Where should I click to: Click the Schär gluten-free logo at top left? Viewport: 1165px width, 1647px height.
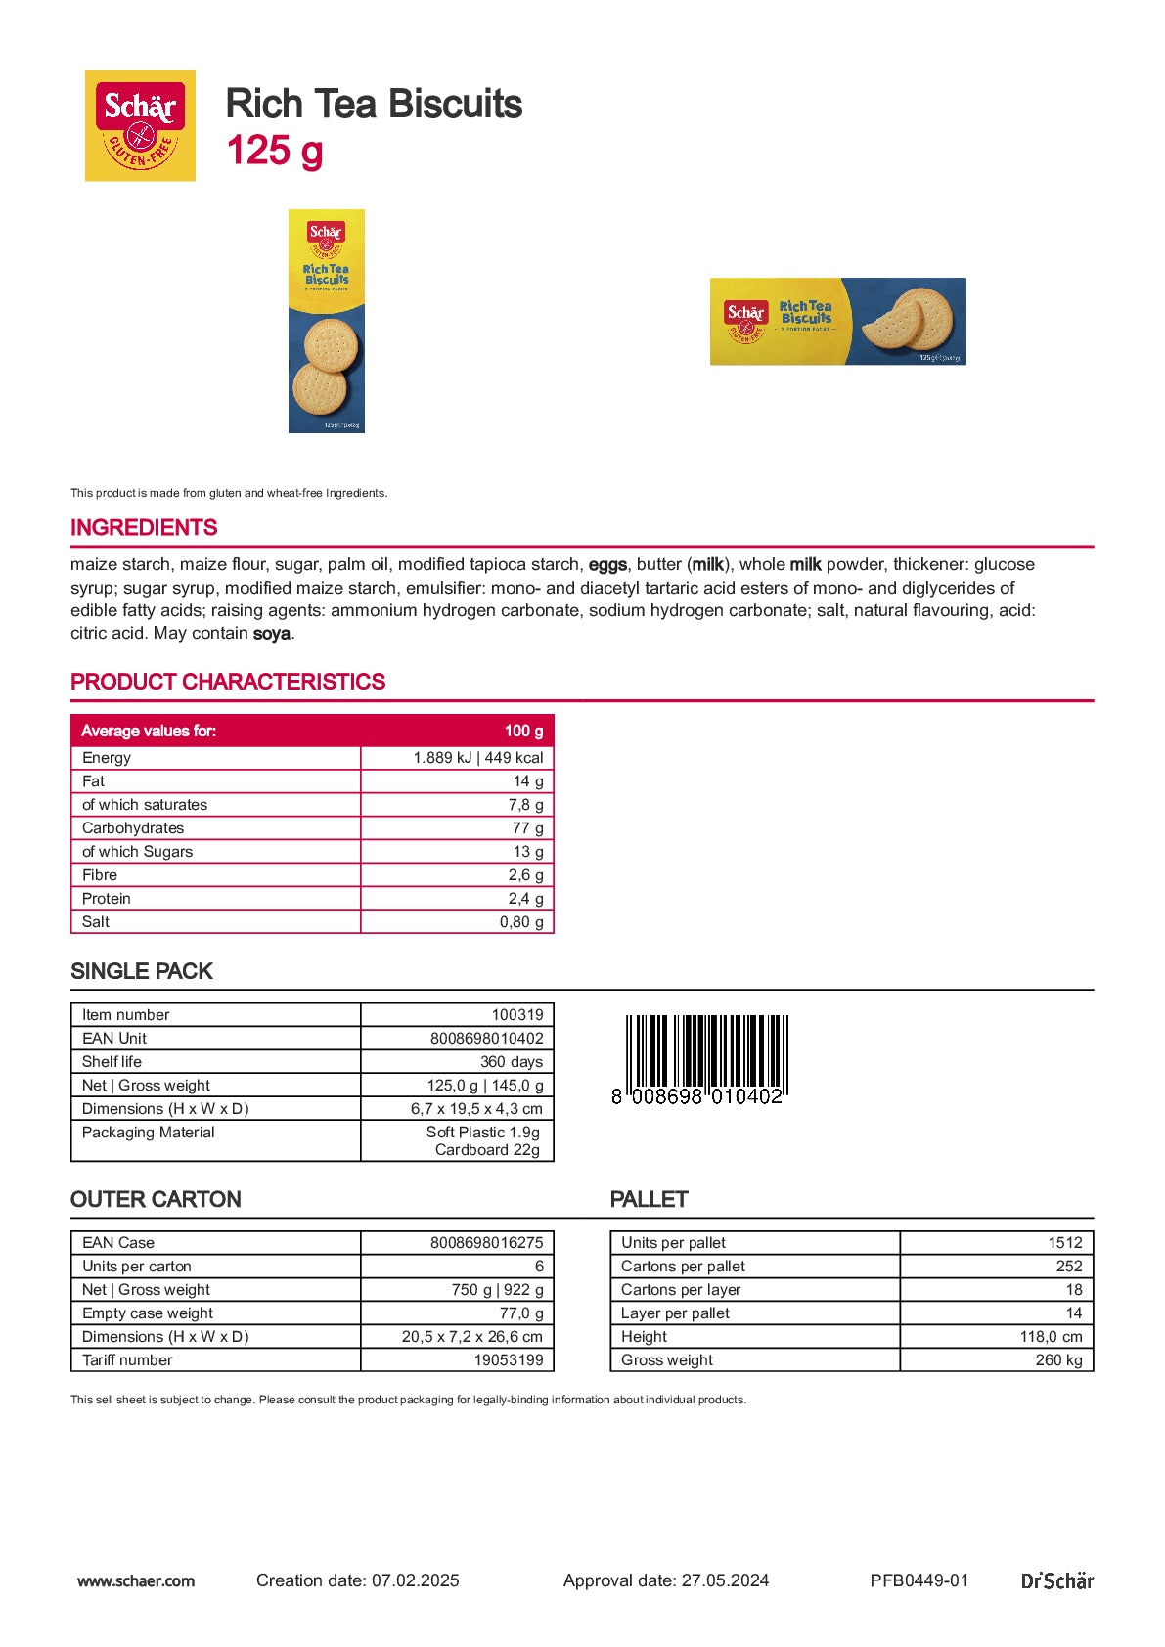140,125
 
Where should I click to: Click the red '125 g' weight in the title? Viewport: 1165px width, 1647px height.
275,152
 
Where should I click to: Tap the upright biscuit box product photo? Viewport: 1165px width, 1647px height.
327,321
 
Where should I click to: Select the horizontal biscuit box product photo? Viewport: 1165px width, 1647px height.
837,322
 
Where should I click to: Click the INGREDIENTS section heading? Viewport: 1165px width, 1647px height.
144,528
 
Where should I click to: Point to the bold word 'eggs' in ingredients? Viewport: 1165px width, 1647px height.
607,565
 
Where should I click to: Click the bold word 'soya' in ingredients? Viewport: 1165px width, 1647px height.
272,634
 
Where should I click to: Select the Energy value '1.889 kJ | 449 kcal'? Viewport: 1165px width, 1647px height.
477,758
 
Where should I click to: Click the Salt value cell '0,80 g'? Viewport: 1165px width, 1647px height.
521,922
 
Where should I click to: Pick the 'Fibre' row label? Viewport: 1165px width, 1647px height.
100,875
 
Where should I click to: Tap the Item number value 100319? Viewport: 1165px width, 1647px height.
517,1015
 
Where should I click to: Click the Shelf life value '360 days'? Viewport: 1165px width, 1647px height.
512,1062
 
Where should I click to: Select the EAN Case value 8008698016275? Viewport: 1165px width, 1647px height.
486,1243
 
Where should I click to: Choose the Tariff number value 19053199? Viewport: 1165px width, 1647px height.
509,1360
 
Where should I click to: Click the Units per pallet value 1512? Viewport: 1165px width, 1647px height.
1065,1243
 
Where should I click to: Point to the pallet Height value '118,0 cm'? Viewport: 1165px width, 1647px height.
1051,1337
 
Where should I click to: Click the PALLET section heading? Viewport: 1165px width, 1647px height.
649,1200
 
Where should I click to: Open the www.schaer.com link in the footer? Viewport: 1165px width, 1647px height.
136,1580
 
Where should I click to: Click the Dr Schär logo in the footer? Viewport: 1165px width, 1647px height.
1056,1580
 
